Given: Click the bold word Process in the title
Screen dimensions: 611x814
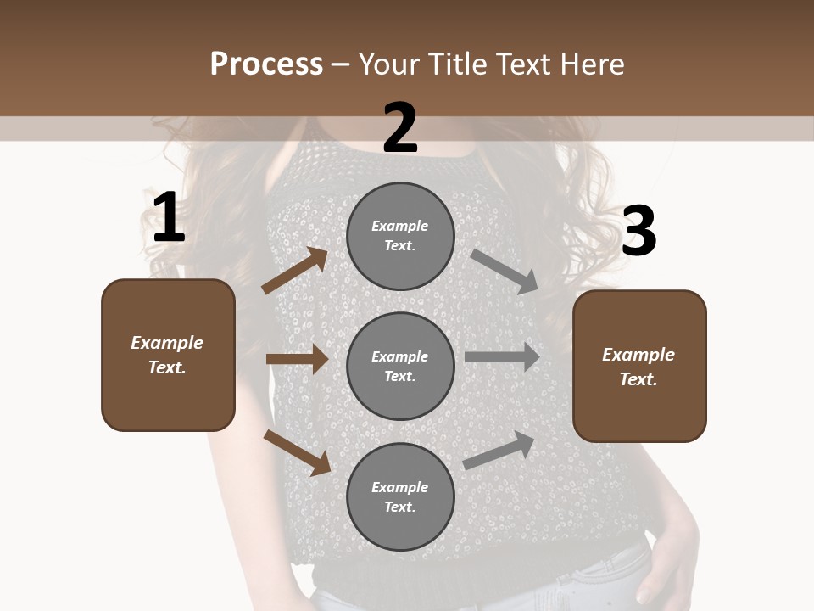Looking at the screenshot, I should [266, 64].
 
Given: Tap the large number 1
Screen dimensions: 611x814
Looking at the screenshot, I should [169, 218].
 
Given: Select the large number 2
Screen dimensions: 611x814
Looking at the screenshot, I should [400, 128].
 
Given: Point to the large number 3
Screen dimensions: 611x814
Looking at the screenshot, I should [639, 232].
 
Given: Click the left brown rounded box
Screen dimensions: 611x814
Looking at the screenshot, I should [168, 355].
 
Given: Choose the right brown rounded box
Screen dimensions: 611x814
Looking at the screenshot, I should [639, 367].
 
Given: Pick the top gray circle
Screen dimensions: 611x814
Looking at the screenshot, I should [400, 236].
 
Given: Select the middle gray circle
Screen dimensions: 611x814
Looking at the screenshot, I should [400, 367].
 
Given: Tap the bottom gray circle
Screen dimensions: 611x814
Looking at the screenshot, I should [400, 497].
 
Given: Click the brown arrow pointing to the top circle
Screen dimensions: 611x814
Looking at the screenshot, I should [295, 271].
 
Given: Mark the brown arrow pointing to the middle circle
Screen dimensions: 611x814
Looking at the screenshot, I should [297, 359].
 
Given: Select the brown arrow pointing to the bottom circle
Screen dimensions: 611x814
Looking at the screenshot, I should [297, 451].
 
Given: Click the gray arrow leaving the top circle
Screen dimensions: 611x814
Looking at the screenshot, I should [505, 272].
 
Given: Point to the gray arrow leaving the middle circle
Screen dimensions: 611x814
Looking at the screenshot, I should [502, 357].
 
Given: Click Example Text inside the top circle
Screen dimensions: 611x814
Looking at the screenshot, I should [400, 236].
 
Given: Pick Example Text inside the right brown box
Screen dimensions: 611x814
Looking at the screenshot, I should [638, 367].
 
